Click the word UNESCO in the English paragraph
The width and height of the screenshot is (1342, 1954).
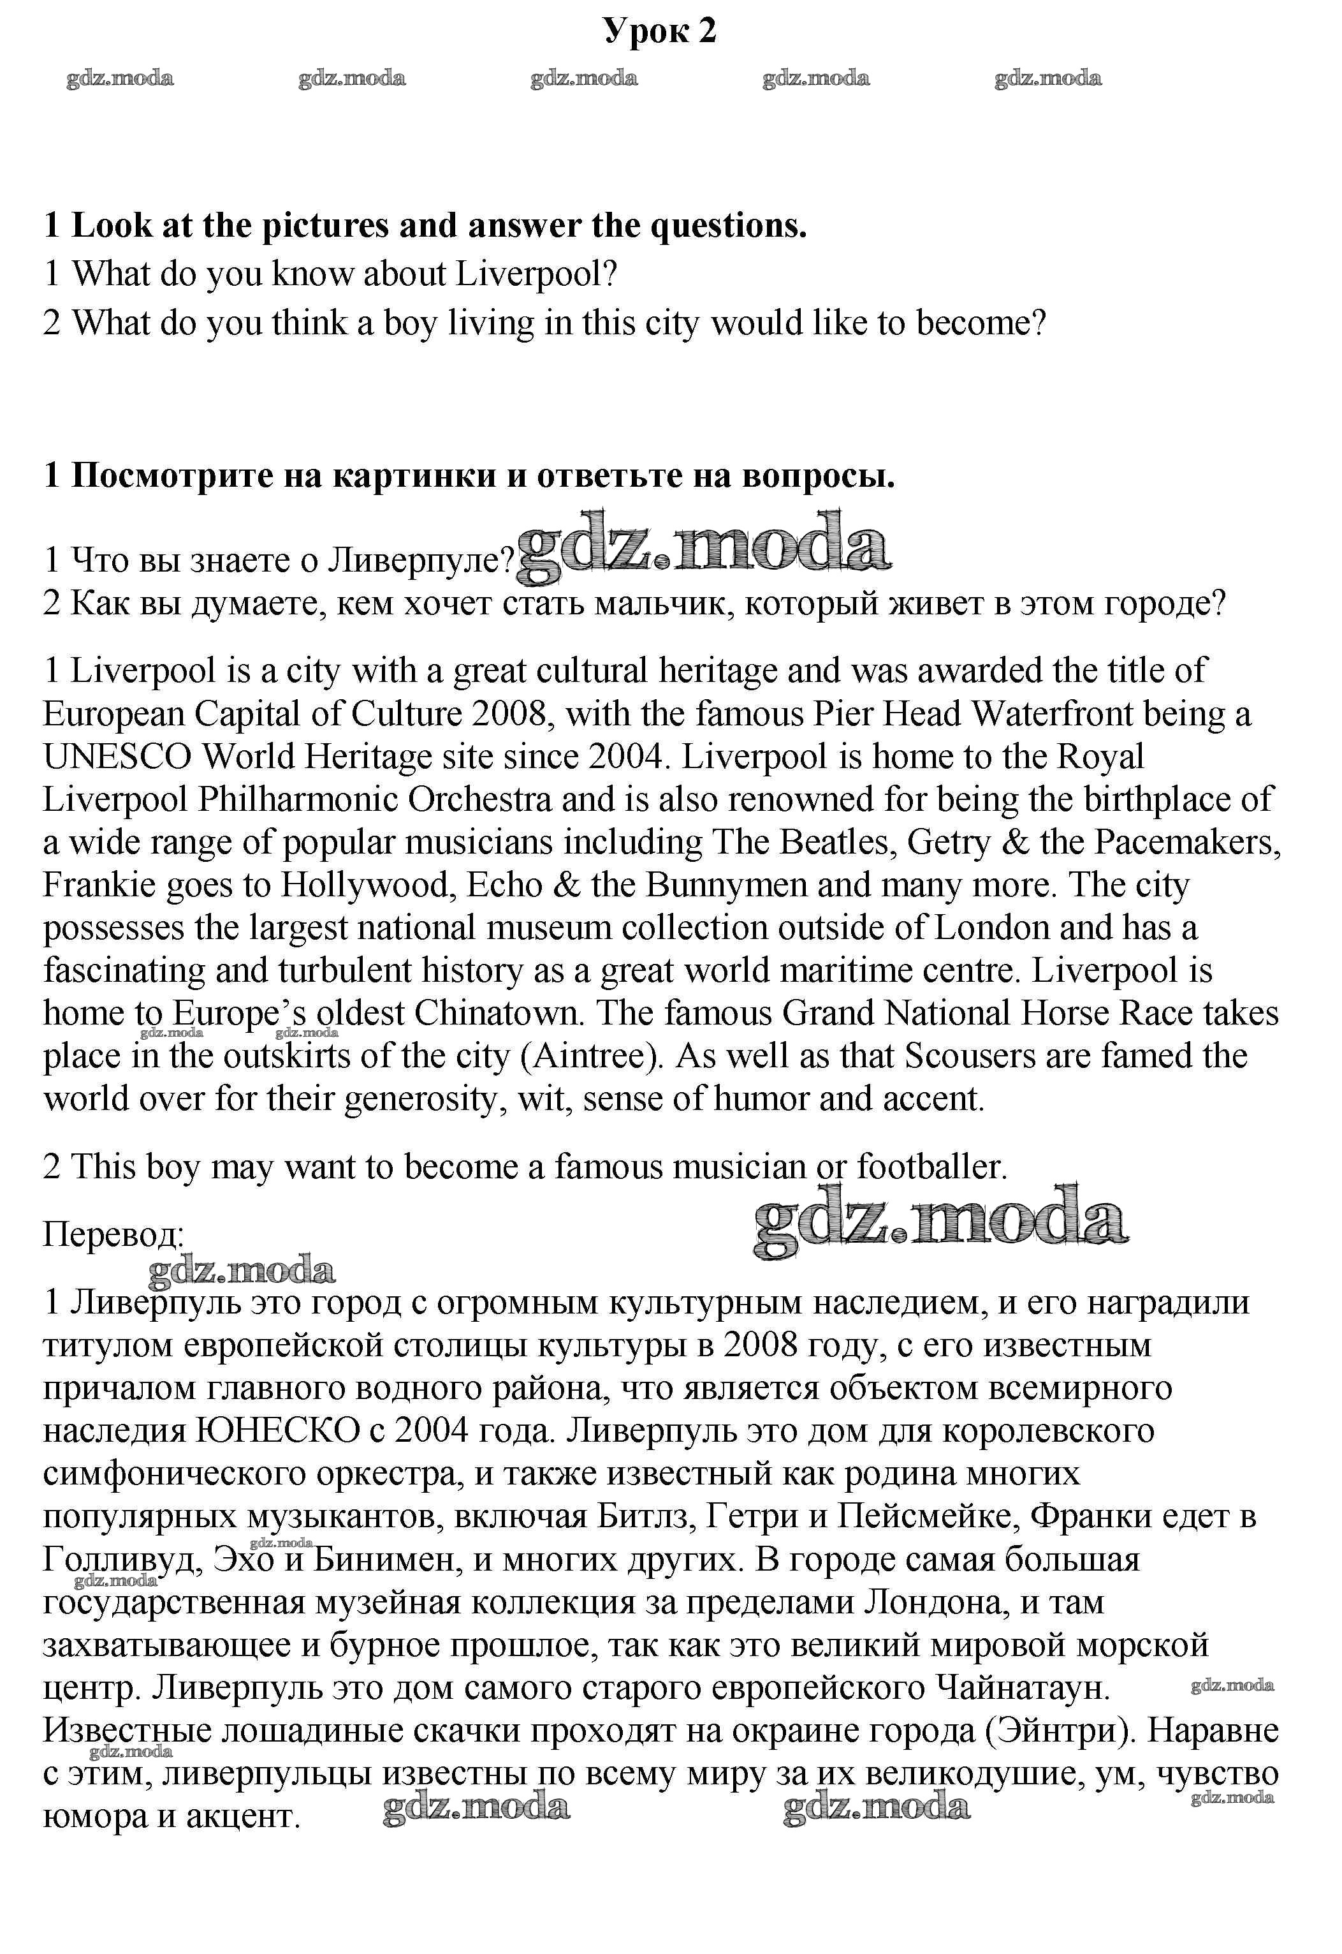click(118, 757)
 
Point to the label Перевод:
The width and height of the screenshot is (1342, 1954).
click(113, 1235)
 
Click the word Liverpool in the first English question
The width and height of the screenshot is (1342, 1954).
click(536, 274)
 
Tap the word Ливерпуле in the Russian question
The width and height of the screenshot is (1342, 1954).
click(419, 560)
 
